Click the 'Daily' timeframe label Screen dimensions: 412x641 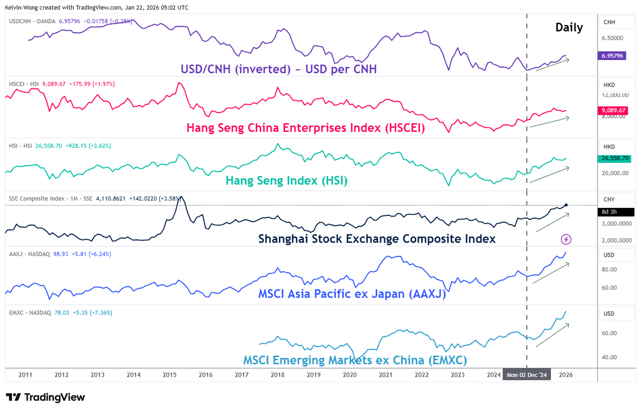pyautogui.click(x=569, y=27)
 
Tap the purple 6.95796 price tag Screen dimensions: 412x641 pyautogui.click(x=612, y=56)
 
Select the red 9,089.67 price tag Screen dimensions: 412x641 pyautogui.click(x=613, y=110)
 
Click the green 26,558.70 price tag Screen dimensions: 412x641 pyautogui.click(x=615, y=158)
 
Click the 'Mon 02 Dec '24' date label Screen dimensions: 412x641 pyautogui.click(x=527, y=375)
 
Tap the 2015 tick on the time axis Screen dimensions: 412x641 pyautogui.click(x=169, y=375)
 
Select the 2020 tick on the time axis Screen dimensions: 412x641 pyautogui.click(x=349, y=375)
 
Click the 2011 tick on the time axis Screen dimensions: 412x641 pyautogui.click(x=25, y=375)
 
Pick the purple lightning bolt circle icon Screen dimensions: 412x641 pyautogui.click(x=566, y=239)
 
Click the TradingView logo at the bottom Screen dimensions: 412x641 pyautogui.click(x=45, y=397)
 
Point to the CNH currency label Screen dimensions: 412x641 pyautogui.click(x=609, y=22)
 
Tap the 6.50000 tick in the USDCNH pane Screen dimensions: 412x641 pyautogui.click(x=612, y=38)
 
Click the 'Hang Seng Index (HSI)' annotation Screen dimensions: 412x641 pyautogui.click(x=287, y=181)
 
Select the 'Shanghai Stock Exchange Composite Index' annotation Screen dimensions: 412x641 pyautogui.click(x=377, y=239)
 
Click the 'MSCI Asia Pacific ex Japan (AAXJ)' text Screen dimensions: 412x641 pyautogui.click(x=352, y=294)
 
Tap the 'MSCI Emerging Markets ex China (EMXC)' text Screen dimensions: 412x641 pyautogui.click(x=355, y=360)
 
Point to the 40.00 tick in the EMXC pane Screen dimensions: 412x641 pyautogui.click(x=609, y=358)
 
